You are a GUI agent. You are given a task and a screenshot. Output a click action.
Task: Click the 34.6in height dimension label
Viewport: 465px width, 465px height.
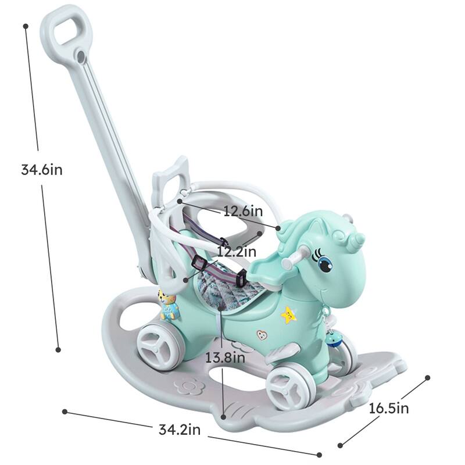(41, 170)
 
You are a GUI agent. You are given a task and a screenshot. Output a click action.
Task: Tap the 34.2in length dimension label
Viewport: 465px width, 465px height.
(180, 430)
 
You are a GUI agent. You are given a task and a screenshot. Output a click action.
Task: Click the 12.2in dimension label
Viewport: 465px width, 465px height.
(236, 252)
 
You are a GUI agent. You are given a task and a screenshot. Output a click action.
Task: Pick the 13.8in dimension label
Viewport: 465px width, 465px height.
(225, 357)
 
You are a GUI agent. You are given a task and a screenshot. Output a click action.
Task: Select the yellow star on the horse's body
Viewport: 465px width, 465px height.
(288, 315)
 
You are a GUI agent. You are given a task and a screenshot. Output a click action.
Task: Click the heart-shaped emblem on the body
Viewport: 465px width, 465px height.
(262, 335)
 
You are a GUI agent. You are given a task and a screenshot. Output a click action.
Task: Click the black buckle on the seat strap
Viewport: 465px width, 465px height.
(198, 264)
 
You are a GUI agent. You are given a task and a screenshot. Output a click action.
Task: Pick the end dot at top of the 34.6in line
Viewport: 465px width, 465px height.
(26, 26)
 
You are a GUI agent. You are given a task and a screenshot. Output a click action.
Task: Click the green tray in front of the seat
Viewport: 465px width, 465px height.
(269, 269)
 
